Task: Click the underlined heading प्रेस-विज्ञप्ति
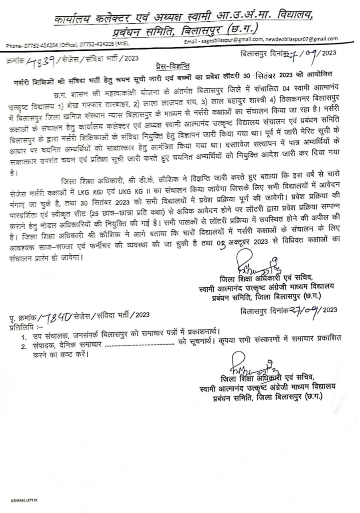[x=173, y=65]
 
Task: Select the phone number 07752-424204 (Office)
[x=40, y=45]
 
